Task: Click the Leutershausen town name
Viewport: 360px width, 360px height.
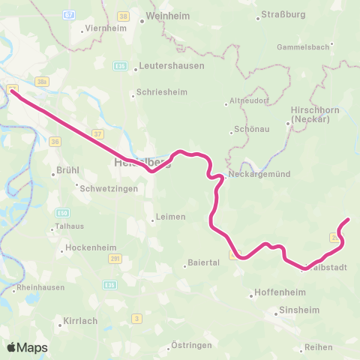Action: [166, 67]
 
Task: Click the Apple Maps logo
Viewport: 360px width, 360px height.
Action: [27, 347]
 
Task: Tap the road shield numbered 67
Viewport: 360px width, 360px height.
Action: [70, 14]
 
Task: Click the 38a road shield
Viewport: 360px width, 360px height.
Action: [43, 80]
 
